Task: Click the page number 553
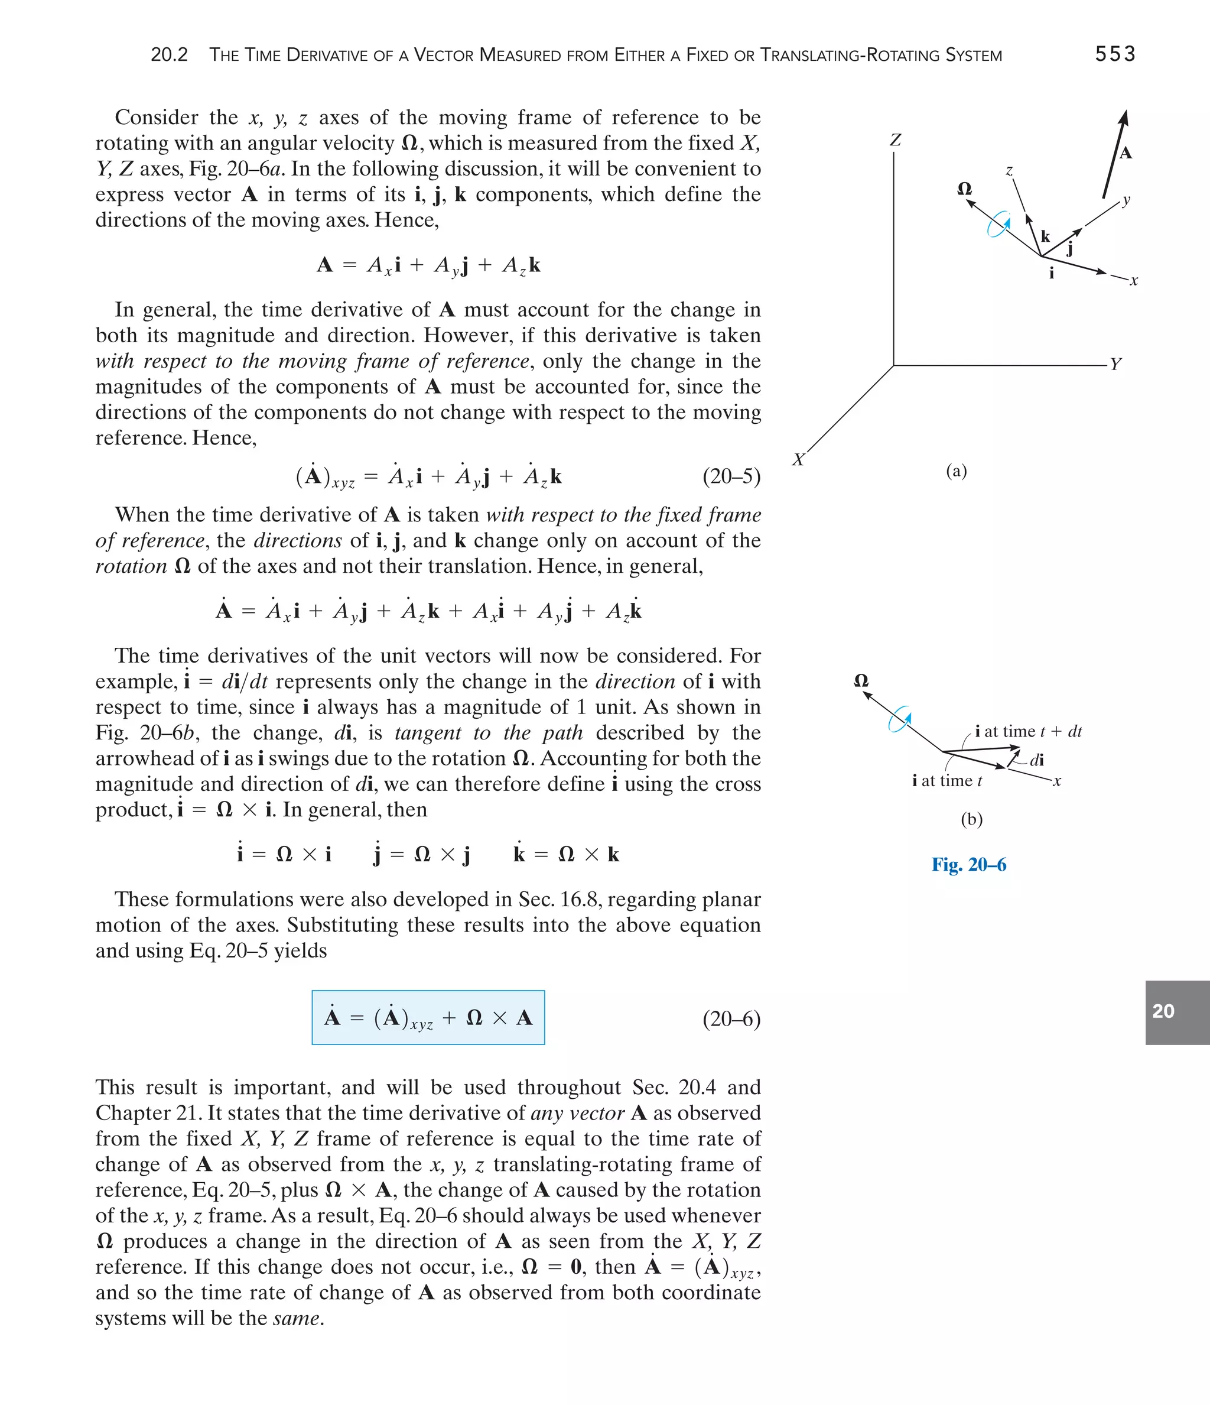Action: tap(1114, 54)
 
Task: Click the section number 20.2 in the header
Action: tap(169, 55)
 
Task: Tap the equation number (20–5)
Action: tap(731, 476)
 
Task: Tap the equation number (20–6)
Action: tap(731, 1018)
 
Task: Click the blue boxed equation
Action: tap(428, 1018)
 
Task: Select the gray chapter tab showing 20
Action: tap(1177, 1012)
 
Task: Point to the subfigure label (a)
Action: tap(956, 471)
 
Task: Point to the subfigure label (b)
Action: tap(971, 819)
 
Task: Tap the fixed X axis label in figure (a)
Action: tap(799, 460)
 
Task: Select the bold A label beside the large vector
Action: tap(1126, 153)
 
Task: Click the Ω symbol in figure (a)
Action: tap(964, 189)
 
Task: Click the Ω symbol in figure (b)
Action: tap(861, 680)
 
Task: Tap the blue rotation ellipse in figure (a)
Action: tap(998, 225)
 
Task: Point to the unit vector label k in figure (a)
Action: tap(1045, 236)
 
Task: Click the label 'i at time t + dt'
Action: tap(1027, 731)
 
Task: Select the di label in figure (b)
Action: tap(1036, 760)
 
